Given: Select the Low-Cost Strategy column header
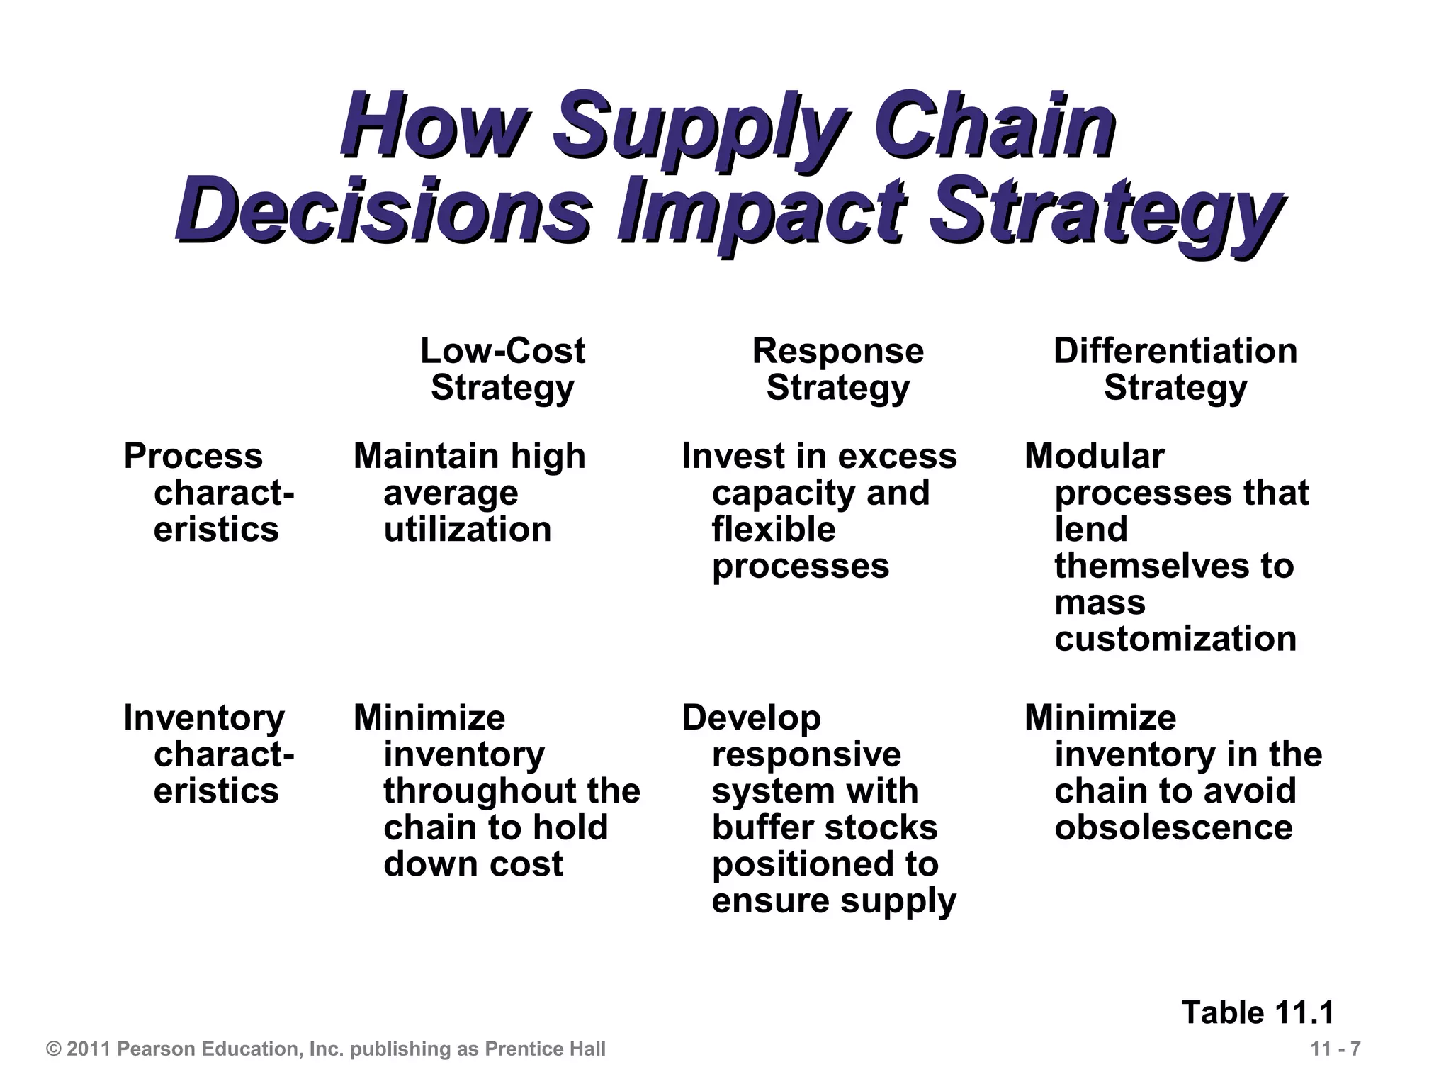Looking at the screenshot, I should pos(502,369).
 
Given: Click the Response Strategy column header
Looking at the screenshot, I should pos(837,369).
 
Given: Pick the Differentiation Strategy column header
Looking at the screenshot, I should pos(1175,369).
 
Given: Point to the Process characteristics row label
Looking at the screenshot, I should pos(209,493).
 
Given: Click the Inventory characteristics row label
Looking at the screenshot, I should pos(209,754).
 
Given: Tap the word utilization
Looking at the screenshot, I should pos(467,530).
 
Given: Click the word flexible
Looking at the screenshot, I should pos(774,530).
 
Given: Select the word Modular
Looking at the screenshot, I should pos(1094,456).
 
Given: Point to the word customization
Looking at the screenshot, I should pos(1175,639).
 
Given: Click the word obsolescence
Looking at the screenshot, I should pos(1173,827).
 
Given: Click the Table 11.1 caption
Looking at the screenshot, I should pos(1258,1012).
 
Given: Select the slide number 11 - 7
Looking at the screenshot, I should pos(1336,1049).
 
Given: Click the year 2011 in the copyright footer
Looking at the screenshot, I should pos(89,1049).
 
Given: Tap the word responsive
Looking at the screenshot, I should pos(806,754).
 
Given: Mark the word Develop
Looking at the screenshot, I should pos(751,718).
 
